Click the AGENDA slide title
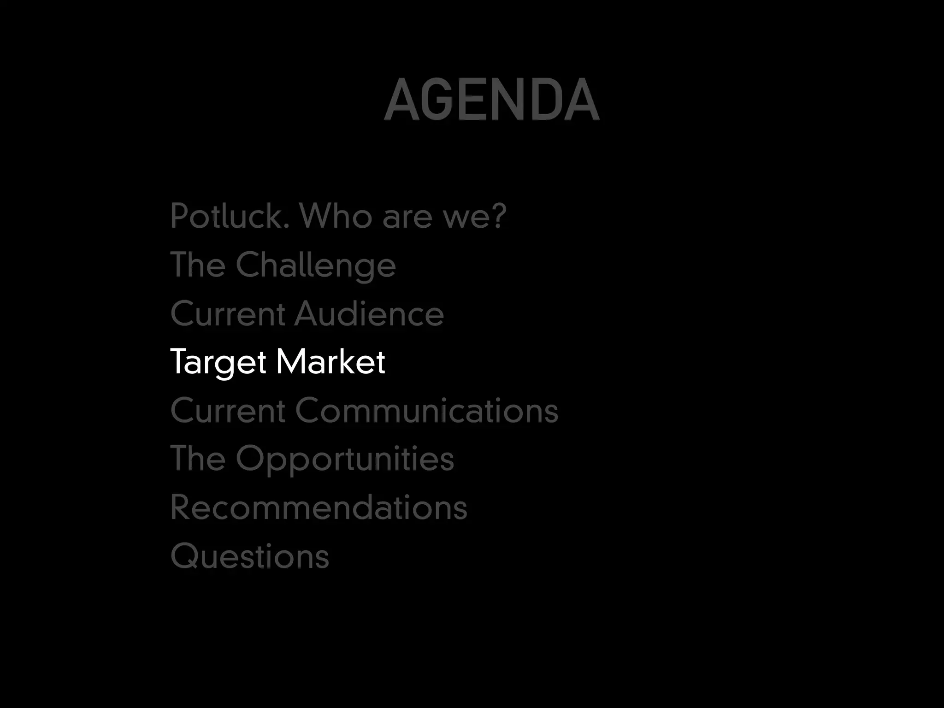(491, 99)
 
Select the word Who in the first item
(335, 216)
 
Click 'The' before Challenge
(198, 265)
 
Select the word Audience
(369, 313)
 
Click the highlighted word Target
(218, 362)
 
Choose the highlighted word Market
(330, 361)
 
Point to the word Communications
(427, 410)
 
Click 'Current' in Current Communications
(228, 411)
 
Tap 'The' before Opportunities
(198, 458)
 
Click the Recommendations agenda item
(319, 507)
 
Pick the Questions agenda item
(249, 556)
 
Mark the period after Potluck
(286, 226)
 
